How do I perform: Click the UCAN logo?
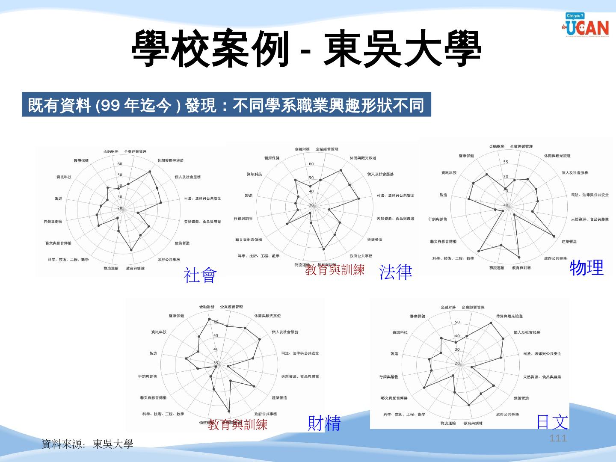coord(586,25)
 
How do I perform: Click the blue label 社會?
coord(200,275)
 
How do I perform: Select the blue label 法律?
coord(396,272)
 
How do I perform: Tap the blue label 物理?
coord(586,268)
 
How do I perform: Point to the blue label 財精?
coord(324,423)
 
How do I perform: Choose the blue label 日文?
coord(552,422)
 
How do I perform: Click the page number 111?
coord(558,438)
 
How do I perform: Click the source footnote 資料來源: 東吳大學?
coord(87,444)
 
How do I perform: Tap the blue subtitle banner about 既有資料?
coord(226,104)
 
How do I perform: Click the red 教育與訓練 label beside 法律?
coord(335,270)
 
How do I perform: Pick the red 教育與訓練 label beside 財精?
coord(238,424)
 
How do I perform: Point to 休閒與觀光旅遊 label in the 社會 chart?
coord(170,160)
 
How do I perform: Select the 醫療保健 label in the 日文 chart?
coord(418,316)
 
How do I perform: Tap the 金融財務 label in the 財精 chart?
coord(207,307)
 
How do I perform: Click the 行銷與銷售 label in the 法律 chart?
coord(243,219)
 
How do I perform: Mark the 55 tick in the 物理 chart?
coord(506,162)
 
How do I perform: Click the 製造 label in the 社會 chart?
coord(58,198)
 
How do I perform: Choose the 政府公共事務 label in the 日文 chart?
coord(507,414)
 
